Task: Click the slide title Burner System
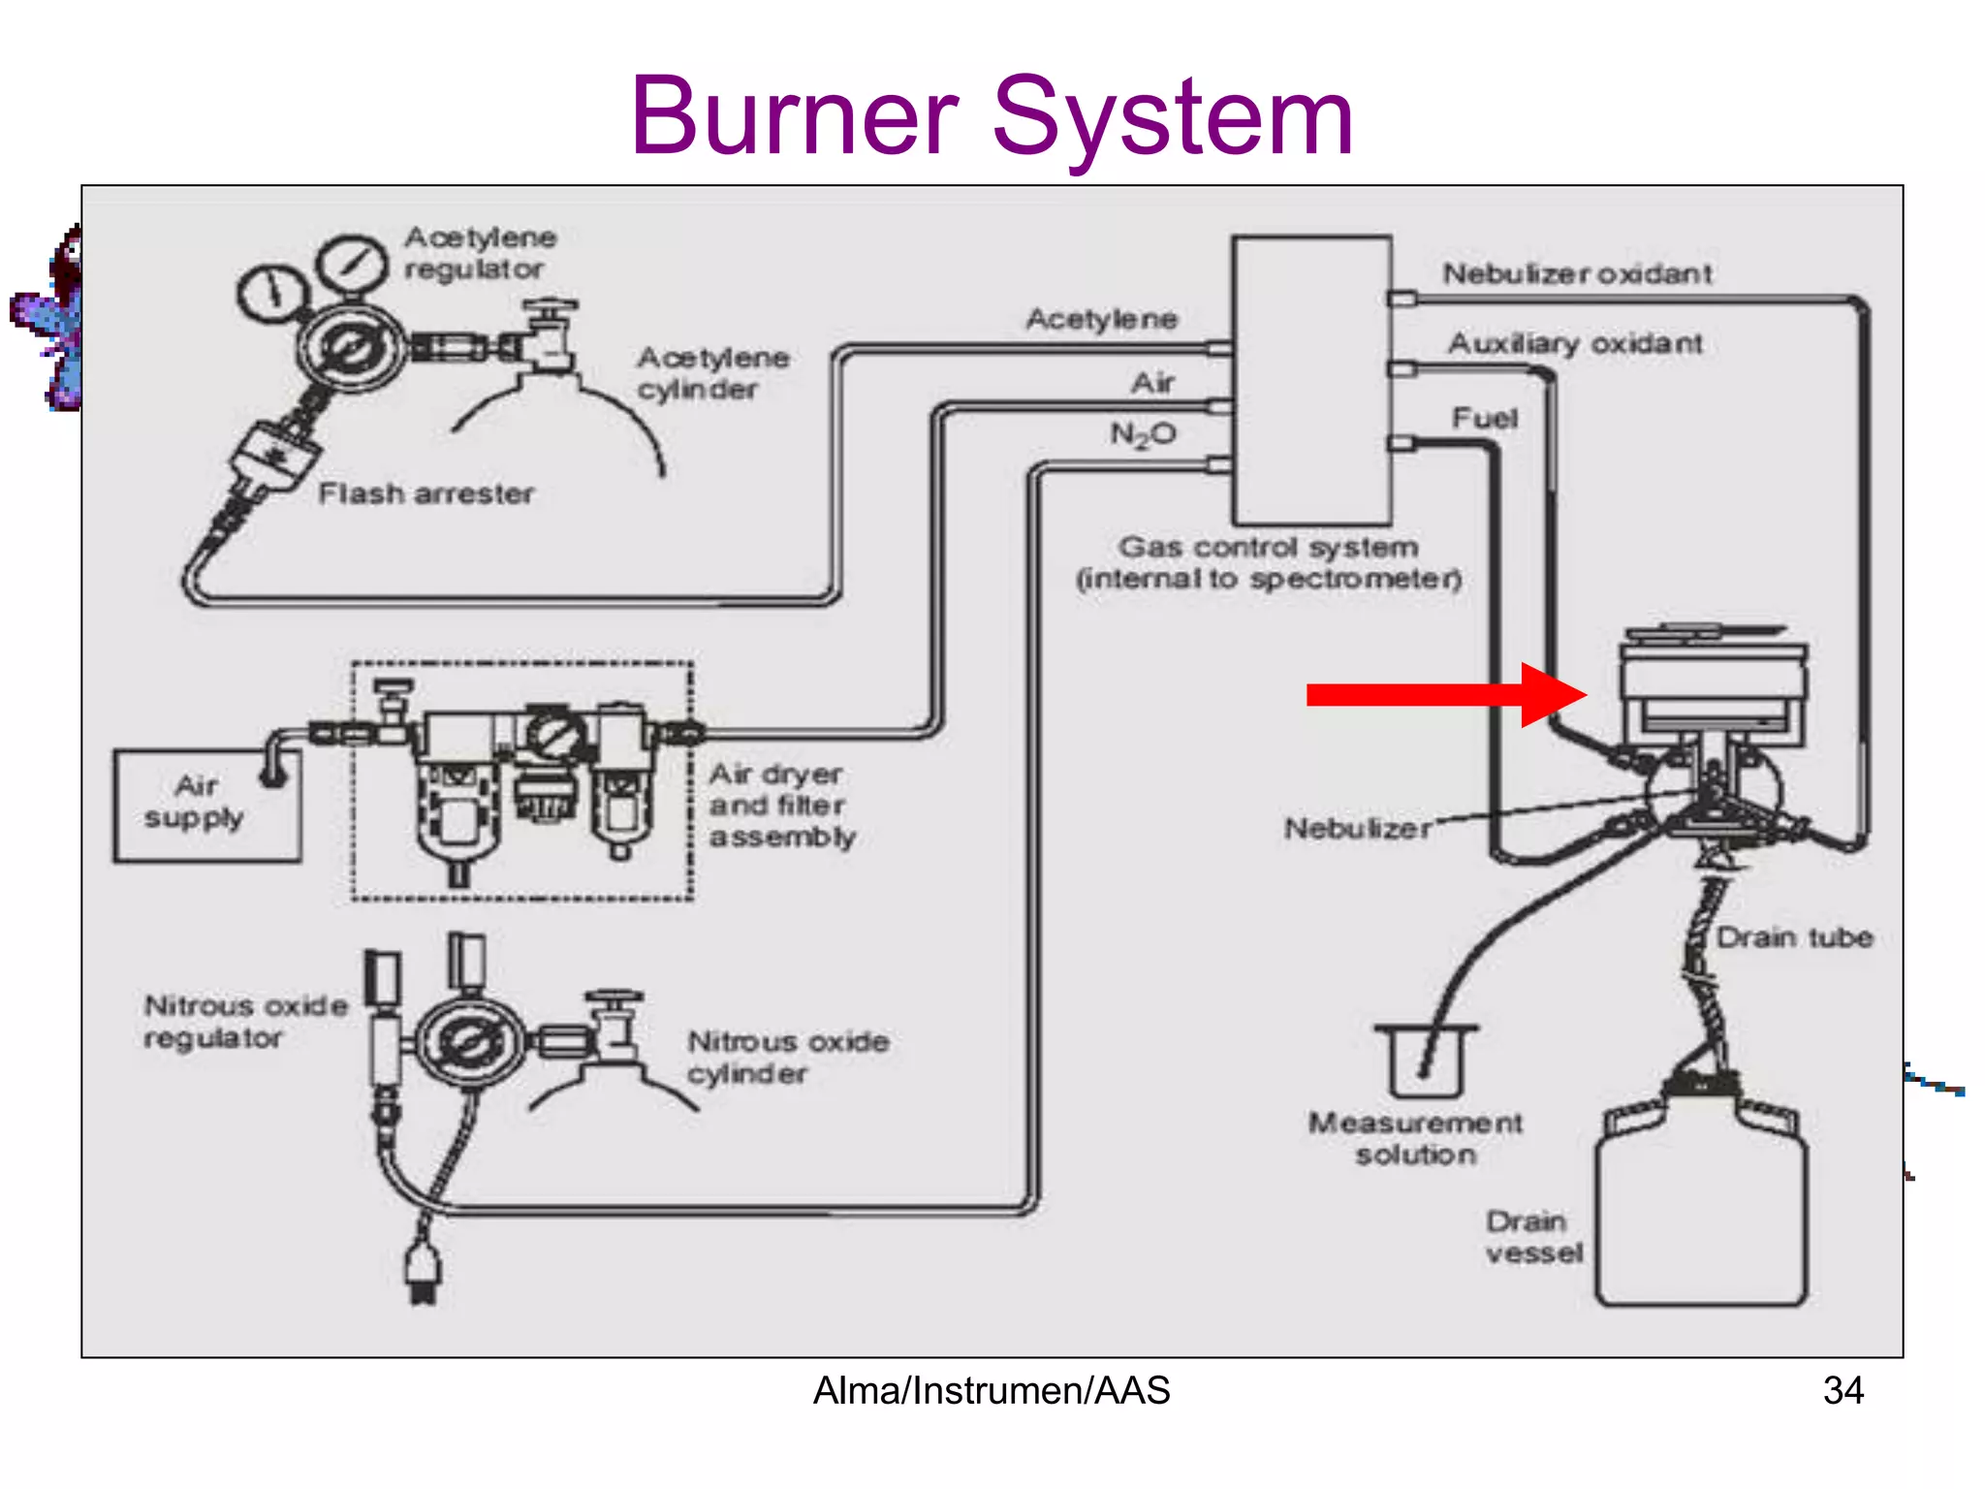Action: point(991,118)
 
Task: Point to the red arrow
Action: point(1444,694)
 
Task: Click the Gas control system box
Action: point(1311,380)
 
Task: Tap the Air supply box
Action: point(206,805)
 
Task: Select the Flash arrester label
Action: point(425,493)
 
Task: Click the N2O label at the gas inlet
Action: point(1143,434)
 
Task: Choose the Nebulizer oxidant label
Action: point(1577,273)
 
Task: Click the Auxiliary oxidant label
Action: point(1575,343)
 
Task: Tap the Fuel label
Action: point(1484,418)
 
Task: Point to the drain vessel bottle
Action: point(1701,1212)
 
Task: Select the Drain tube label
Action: point(1794,937)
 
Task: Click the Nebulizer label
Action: point(1357,829)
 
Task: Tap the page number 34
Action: point(1843,1390)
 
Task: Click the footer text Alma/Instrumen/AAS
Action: point(991,1390)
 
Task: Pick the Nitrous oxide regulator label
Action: point(244,1021)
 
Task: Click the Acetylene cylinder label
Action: point(712,373)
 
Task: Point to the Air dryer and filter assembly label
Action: point(781,805)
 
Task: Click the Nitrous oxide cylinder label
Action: point(787,1057)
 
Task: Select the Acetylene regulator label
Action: point(480,252)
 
